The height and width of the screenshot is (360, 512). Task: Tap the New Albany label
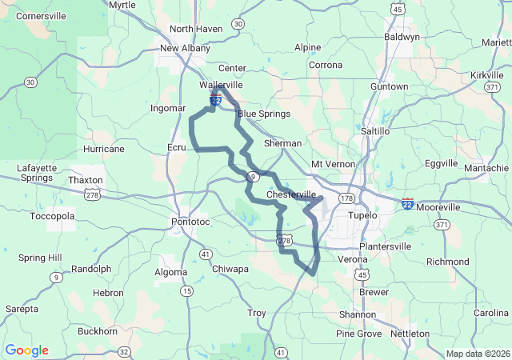[x=185, y=48]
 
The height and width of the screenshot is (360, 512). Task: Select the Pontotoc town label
[x=190, y=221]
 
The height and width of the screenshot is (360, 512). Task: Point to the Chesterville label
[x=290, y=195]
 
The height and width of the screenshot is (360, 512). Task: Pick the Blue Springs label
[x=263, y=114]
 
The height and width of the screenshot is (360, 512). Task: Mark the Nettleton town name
[x=410, y=333]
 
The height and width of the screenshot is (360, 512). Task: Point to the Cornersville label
[x=41, y=15]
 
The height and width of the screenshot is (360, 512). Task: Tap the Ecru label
[x=176, y=147]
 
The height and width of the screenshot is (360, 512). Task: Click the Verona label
[x=353, y=260]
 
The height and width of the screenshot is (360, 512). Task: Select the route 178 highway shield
[x=346, y=198]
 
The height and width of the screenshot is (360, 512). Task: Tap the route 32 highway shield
[x=123, y=351]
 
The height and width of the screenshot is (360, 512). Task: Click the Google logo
[x=26, y=350]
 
